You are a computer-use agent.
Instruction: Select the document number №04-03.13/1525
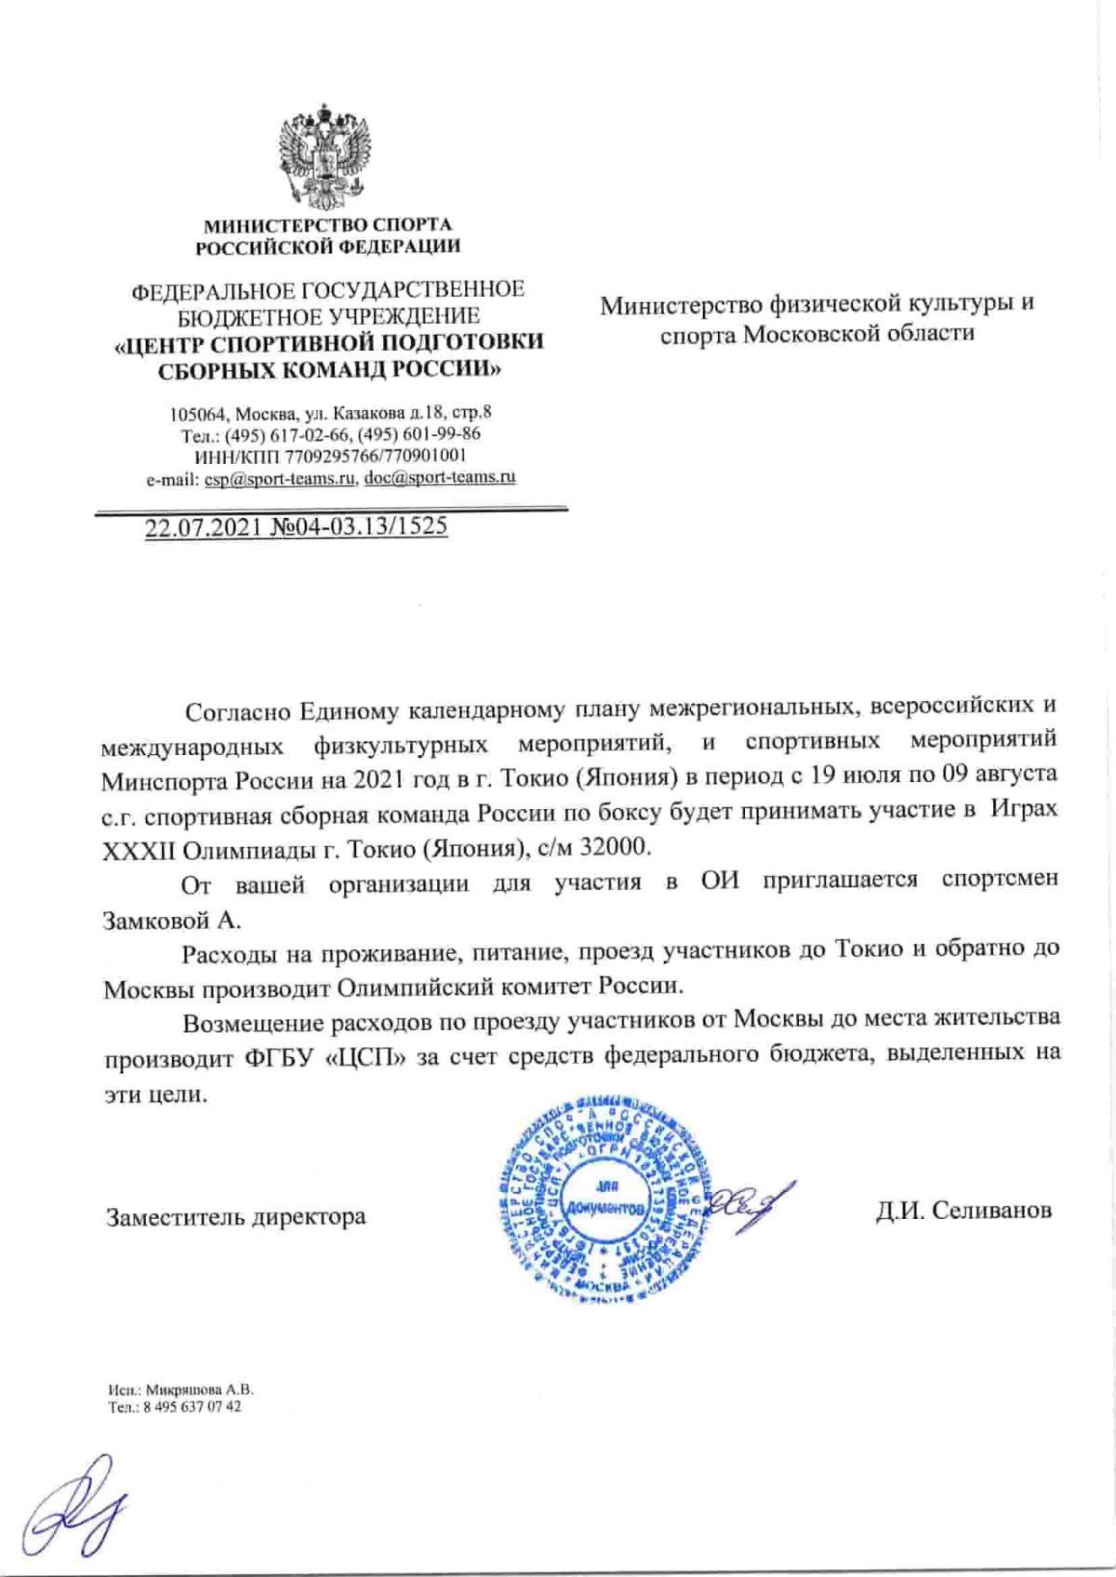pos(359,527)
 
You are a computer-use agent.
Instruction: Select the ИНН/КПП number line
pos(327,456)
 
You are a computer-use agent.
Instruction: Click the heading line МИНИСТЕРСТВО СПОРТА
pos(327,225)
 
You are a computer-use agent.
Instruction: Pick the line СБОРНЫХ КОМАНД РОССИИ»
pos(327,368)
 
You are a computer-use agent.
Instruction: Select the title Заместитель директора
pos(235,1215)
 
